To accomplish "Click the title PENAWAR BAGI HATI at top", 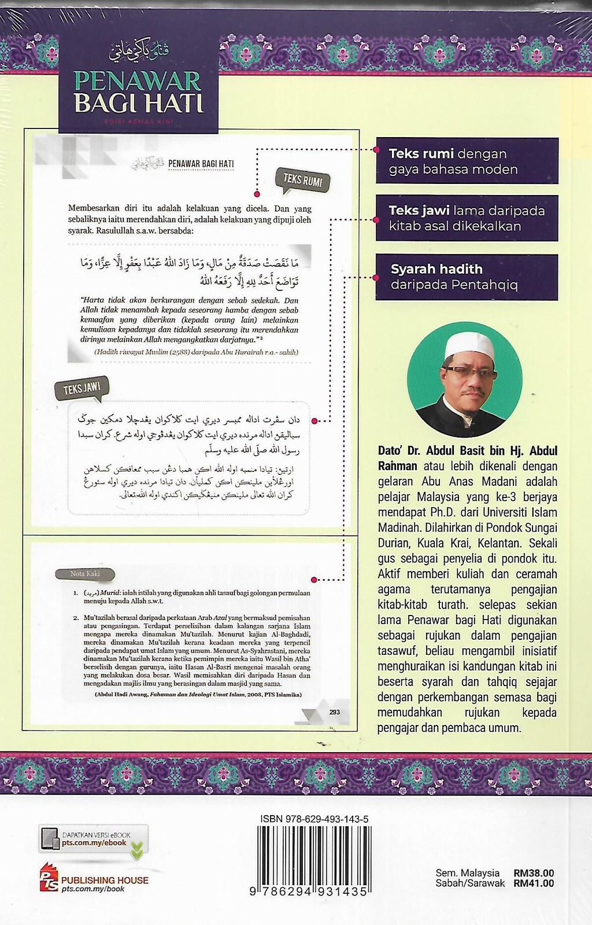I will (x=138, y=92).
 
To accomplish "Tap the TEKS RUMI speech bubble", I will (x=303, y=181).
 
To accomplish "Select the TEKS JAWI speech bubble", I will (x=82, y=389).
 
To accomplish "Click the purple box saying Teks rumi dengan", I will (x=467, y=161).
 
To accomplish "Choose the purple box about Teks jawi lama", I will (x=467, y=218).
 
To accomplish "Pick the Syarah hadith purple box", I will (x=467, y=277).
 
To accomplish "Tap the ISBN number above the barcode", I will (x=314, y=819).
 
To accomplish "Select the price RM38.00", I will (x=533, y=873).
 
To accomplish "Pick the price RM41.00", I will (x=533, y=883).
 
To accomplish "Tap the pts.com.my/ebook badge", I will (x=94, y=839).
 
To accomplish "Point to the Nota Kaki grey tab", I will (x=85, y=574).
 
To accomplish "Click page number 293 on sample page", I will (x=334, y=712).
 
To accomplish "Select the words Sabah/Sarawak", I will (x=470, y=883).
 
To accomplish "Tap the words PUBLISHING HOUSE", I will (x=105, y=880).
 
